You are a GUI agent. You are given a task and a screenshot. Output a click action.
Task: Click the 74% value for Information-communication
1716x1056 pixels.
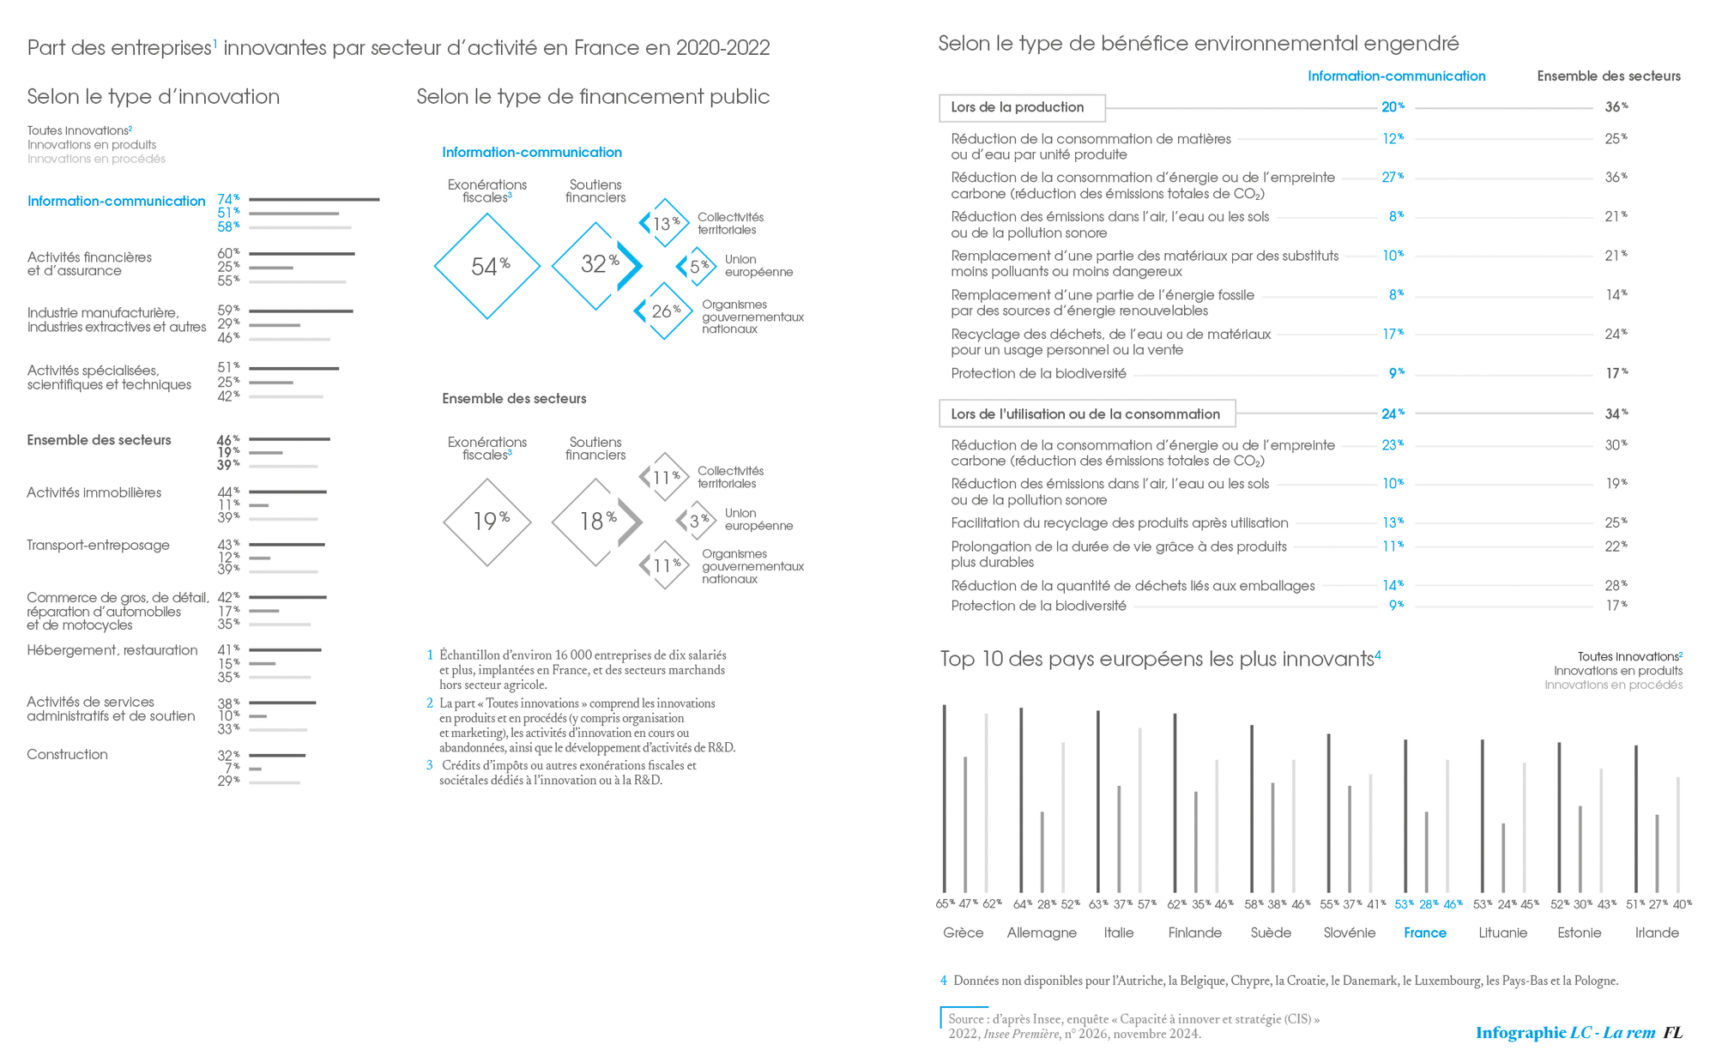(x=227, y=199)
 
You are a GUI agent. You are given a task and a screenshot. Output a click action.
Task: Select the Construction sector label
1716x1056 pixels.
(x=67, y=755)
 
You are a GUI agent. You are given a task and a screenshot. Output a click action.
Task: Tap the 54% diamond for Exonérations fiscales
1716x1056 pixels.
(x=487, y=267)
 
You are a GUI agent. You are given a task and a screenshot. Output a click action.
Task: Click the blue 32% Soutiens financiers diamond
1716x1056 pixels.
(x=595, y=265)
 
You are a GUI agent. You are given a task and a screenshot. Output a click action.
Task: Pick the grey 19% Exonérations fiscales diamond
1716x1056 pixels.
(x=487, y=522)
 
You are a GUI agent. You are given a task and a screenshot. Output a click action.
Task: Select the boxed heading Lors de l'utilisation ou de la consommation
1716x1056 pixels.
(x=1086, y=414)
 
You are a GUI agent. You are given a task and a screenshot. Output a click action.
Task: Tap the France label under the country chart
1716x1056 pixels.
(x=1424, y=933)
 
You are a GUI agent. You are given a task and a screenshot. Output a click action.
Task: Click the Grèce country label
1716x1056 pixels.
(x=963, y=933)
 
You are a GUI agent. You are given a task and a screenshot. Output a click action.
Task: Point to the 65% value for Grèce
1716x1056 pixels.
(x=945, y=904)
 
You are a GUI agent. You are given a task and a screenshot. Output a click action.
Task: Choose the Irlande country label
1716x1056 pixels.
(x=1657, y=933)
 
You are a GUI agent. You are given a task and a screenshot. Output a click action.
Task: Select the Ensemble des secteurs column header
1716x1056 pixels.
(x=1609, y=76)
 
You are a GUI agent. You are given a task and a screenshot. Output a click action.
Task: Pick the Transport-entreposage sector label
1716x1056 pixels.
(x=98, y=546)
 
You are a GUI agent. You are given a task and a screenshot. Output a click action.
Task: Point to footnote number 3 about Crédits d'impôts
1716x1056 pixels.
(x=430, y=765)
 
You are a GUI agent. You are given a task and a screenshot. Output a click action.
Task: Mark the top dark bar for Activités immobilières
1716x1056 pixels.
(x=287, y=492)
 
